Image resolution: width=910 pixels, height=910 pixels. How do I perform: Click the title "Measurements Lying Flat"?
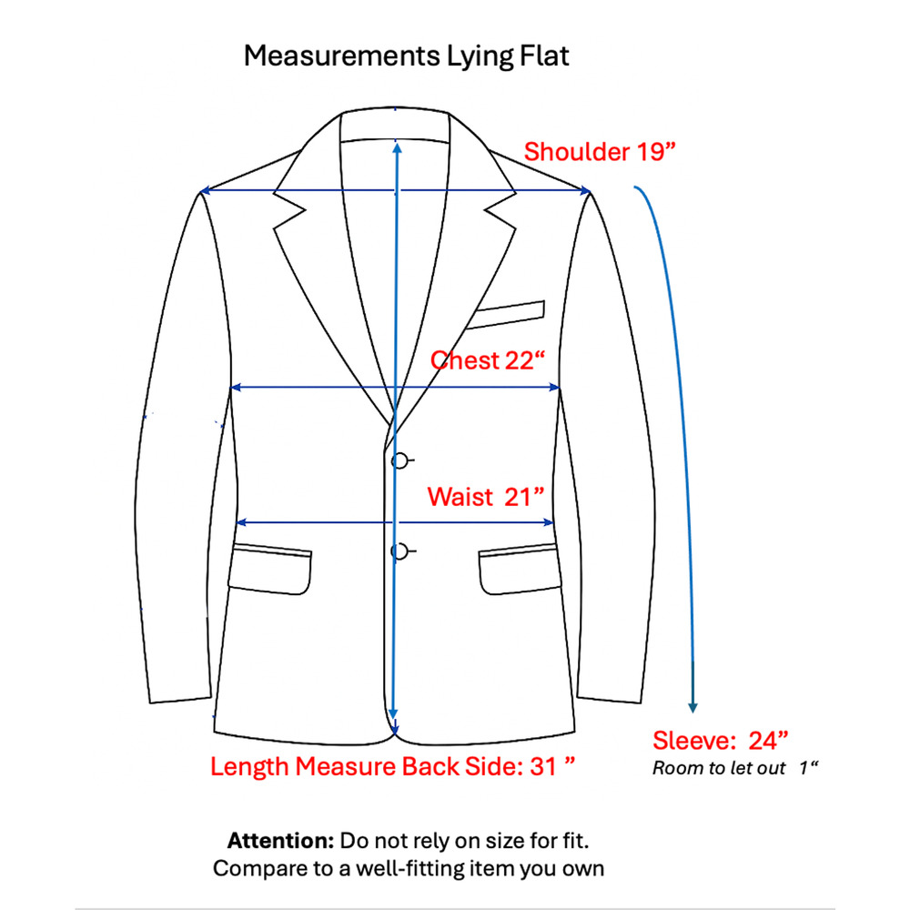[x=406, y=56]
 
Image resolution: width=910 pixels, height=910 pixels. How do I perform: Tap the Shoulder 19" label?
[x=600, y=151]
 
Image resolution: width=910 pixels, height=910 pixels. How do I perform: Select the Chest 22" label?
[x=488, y=360]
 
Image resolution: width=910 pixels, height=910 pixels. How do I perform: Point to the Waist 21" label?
[x=486, y=497]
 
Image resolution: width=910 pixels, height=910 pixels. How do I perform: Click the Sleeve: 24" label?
[x=720, y=741]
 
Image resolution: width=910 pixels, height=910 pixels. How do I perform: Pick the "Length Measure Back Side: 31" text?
[x=392, y=766]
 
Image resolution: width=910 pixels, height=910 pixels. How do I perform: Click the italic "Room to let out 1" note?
[x=734, y=768]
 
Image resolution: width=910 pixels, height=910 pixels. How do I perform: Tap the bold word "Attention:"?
[x=280, y=840]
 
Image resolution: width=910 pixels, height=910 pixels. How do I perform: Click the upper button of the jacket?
[x=399, y=460]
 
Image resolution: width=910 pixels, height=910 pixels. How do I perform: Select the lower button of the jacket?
[x=399, y=551]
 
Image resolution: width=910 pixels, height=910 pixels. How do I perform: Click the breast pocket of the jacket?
[x=506, y=315]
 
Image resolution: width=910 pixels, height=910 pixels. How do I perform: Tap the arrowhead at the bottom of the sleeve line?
[x=693, y=706]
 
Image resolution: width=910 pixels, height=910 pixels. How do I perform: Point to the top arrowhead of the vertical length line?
[x=397, y=148]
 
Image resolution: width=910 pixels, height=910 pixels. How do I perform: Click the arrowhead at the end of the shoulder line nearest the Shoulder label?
[x=585, y=190]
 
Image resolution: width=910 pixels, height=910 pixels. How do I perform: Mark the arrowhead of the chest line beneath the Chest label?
[x=554, y=387]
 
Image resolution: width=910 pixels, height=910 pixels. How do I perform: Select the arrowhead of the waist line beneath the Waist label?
[x=548, y=522]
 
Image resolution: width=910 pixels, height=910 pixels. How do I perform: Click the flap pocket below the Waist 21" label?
[x=519, y=570]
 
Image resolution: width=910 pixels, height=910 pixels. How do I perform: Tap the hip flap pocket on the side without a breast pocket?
[x=270, y=570]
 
